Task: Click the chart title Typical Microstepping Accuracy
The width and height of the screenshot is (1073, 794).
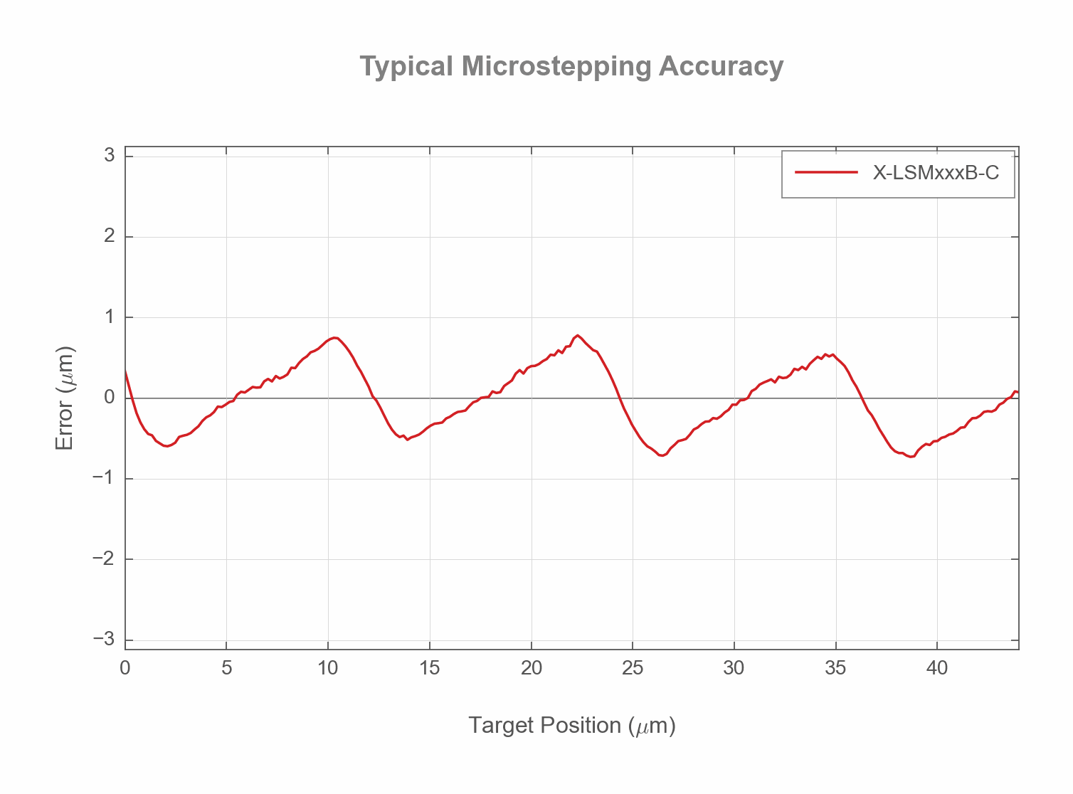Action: pyautogui.click(x=571, y=66)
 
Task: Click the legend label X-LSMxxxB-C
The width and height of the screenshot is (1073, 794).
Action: pyautogui.click(x=936, y=172)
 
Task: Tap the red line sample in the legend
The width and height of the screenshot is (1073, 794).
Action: pyautogui.click(x=826, y=172)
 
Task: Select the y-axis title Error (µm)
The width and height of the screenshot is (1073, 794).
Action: pyautogui.click(x=65, y=398)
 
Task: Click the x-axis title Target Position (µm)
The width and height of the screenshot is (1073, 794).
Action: pyautogui.click(x=571, y=725)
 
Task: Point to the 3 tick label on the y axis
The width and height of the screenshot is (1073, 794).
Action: pyautogui.click(x=110, y=155)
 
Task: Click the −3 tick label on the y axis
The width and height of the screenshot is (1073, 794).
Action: pyautogui.click(x=105, y=640)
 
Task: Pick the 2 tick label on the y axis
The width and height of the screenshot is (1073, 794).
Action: pyautogui.click(x=110, y=236)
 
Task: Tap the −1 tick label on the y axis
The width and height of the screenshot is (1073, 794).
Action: pyautogui.click(x=105, y=478)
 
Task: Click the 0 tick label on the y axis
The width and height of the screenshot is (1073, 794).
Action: pyautogui.click(x=110, y=398)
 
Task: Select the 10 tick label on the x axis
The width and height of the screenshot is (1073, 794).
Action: pyautogui.click(x=328, y=668)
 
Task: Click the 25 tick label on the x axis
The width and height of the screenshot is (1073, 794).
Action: pyautogui.click(x=633, y=668)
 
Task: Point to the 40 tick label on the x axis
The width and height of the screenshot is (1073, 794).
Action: pyautogui.click(x=937, y=668)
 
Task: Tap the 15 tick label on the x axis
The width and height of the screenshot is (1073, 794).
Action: pyautogui.click(x=430, y=668)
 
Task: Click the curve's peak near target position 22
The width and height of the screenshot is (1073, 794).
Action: pyautogui.click(x=578, y=335)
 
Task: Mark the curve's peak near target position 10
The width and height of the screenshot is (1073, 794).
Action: pyautogui.click(x=334, y=337)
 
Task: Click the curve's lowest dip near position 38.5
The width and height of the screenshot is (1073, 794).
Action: pyautogui.click(x=911, y=457)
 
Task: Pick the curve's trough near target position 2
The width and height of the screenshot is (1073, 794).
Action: pyautogui.click(x=166, y=446)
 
